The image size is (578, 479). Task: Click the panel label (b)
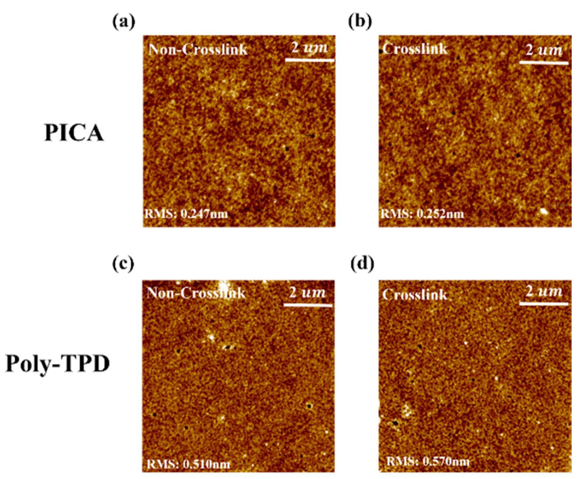[360, 23]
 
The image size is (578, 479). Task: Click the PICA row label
[74, 133]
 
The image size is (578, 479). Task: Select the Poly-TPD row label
[58, 364]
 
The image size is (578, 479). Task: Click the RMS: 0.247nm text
[187, 213]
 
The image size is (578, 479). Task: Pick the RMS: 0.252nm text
[422, 213]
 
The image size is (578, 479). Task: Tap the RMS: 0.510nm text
[188, 464]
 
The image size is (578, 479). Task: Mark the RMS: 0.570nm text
[428, 461]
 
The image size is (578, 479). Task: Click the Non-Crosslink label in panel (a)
[198, 49]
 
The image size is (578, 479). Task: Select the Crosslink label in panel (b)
[415, 49]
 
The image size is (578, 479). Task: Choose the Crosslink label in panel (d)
[415, 295]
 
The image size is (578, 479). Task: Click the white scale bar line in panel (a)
[310, 60]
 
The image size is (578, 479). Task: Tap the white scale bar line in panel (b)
[544, 62]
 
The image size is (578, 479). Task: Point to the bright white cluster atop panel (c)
[224, 285]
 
